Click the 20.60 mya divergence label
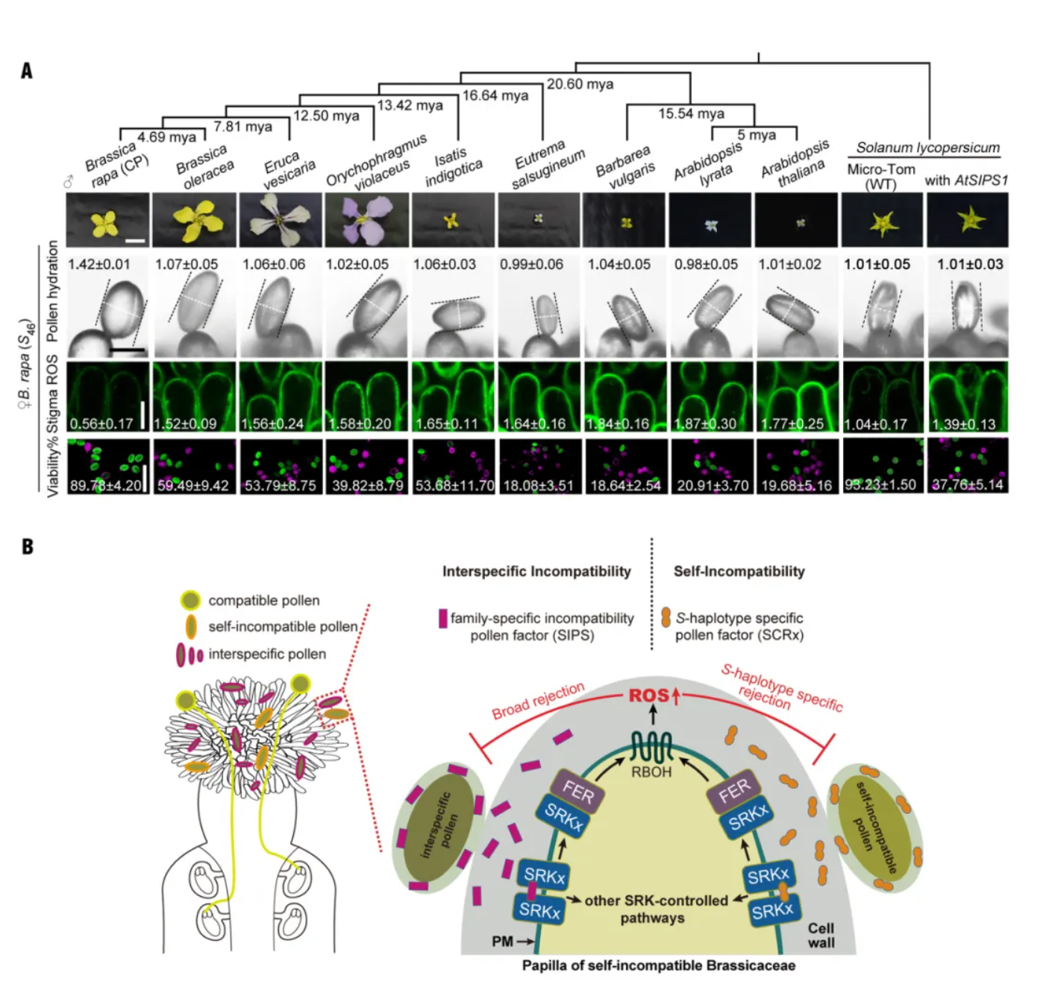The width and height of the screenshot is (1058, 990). click(580, 84)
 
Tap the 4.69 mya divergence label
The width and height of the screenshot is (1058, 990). click(166, 136)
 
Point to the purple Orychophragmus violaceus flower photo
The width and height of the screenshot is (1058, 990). click(367, 220)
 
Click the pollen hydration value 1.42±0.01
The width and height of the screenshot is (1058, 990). click(98, 264)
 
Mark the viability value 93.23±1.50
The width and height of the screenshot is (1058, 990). click(880, 485)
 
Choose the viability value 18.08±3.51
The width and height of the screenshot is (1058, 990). click(539, 485)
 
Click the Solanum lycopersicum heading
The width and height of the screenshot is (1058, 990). click(927, 148)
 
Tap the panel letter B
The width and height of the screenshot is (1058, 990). click(28, 546)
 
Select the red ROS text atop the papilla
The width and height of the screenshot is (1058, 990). click(648, 696)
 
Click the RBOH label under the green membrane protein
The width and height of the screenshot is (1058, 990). click(651, 772)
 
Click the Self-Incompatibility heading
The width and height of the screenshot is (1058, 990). click(739, 572)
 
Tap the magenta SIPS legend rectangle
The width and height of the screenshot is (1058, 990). click(442, 618)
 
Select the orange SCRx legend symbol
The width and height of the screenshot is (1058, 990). click(666, 617)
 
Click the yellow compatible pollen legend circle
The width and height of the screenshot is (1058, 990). click(190, 600)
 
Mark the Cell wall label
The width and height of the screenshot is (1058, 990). click(821, 936)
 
